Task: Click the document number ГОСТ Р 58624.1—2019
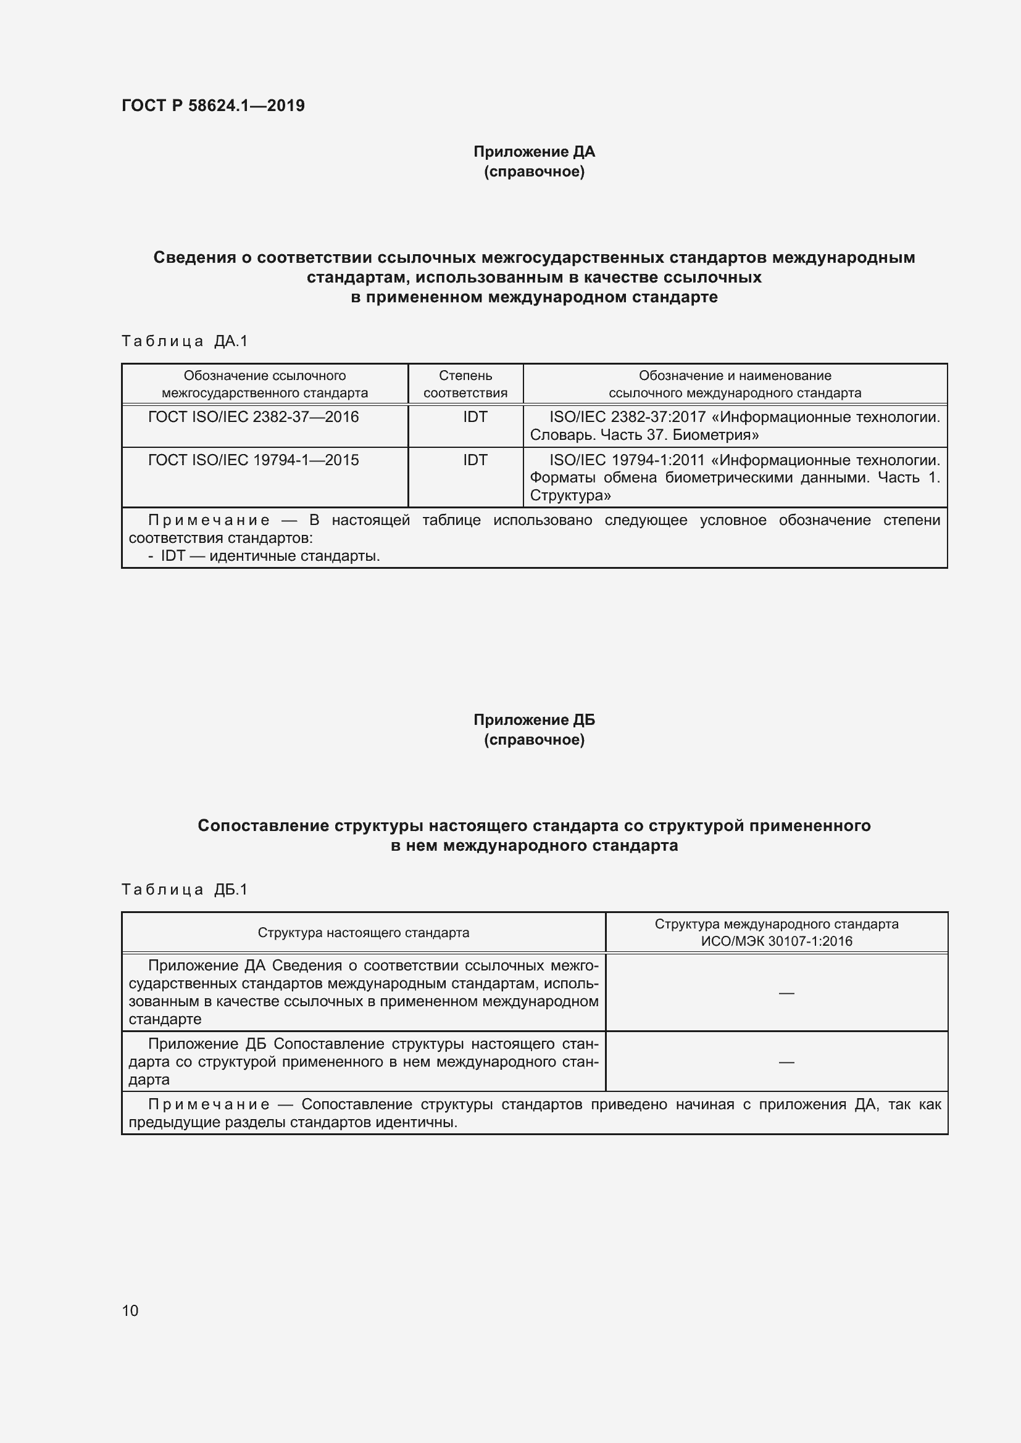pyautogui.click(x=213, y=105)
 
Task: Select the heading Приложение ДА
pyautogui.click(x=534, y=152)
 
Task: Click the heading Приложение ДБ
pyautogui.click(x=534, y=719)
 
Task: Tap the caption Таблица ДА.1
pyautogui.click(x=185, y=341)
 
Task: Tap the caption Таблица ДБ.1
pyautogui.click(x=185, y=890)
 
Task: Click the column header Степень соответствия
pyautogui.click(x=465, y=384)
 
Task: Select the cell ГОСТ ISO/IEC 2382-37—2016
pyautogui.click(x=253, y=417)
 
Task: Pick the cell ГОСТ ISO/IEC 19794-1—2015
pyautogui.click(x=253, y=460)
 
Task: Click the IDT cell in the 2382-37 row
pyautogui.click(x=475, y=417)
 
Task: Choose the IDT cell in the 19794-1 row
pyautogui.click(x=475, y=460)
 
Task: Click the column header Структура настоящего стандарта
pyautogui.click(x=364, y=933)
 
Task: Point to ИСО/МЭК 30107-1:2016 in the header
pyautogui.click(x=777, y=941)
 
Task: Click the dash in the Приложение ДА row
pyautogui.click(x=786, y=993)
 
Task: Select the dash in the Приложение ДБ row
pyautogui.click(x=786, y=1062)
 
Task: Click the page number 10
pyautogui.click(x=130, y=1310)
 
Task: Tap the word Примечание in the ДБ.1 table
pyautogui.click(x=209, y=1105)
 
